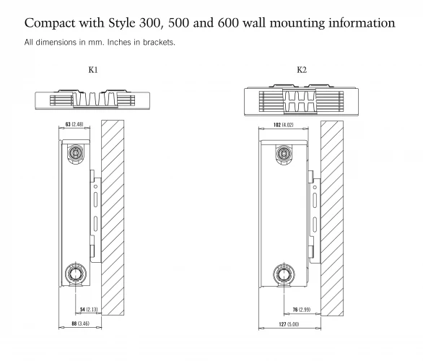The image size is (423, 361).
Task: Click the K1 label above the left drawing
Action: (x=93, y=70)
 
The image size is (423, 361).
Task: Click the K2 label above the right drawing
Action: (x=302, y=70)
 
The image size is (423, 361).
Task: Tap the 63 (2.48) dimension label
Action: (x=74, y=124)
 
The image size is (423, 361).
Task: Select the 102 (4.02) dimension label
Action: (x=283, y=125)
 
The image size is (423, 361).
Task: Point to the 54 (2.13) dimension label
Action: (x=89, y=310)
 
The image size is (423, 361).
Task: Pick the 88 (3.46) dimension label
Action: (x=80, y=323)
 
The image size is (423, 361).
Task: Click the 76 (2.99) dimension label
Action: (x=302, y=310)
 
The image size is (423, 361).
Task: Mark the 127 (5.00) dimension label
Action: (x=289, y=324)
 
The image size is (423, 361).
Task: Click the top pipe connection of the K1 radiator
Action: (x=76, y=154)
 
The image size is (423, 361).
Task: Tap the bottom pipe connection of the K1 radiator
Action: (x=76, y=274)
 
